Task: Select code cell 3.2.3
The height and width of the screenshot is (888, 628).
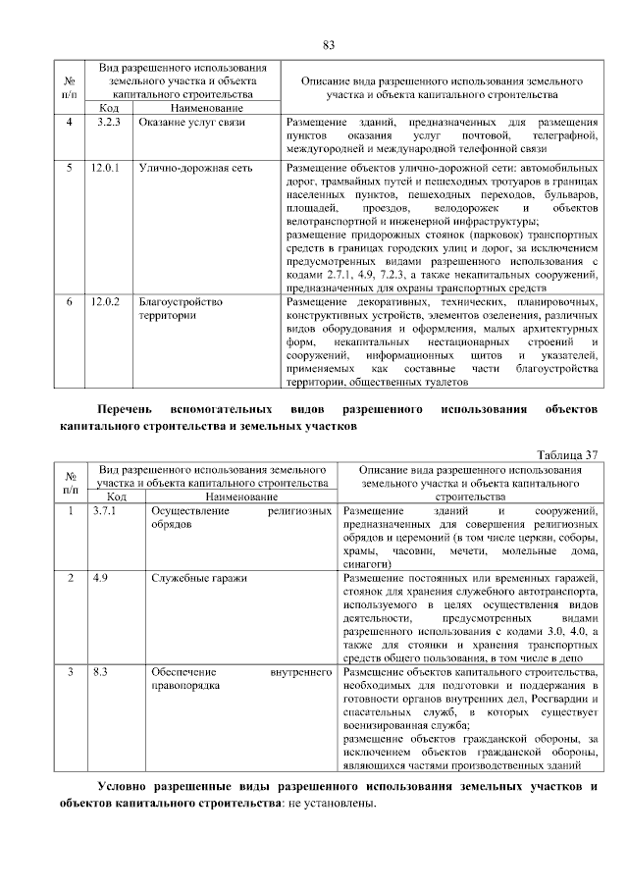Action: (x=107, y=122)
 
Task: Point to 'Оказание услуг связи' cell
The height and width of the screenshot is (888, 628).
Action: (x=191, y=122)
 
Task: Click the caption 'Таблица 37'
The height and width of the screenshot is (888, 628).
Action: (x=569, y=455)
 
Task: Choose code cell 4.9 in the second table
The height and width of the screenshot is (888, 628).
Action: (x=101, y=579)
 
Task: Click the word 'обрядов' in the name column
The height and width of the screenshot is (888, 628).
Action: (x=172, y=526)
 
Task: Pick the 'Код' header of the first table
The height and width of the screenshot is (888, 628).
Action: (x=109, y=106)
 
